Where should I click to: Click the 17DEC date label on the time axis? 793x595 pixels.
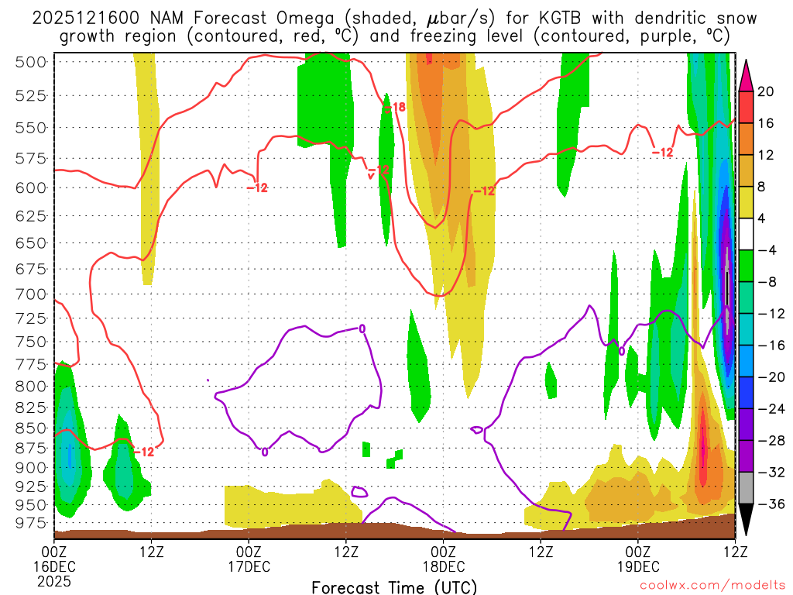click(x=249, y=566)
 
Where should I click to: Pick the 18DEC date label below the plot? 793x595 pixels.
click(x=444, y=566)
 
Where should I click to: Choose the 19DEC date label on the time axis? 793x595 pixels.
click(x=638, y=566)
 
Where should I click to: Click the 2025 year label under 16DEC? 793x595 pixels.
click(x=54, y=580)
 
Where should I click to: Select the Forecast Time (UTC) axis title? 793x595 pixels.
click(x=394, y=586)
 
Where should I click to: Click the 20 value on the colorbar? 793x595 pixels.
click(x=766, y=91)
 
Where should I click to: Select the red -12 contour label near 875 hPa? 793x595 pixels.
click(x=144, y=452)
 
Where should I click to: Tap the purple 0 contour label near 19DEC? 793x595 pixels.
click(x=621, y=350)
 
